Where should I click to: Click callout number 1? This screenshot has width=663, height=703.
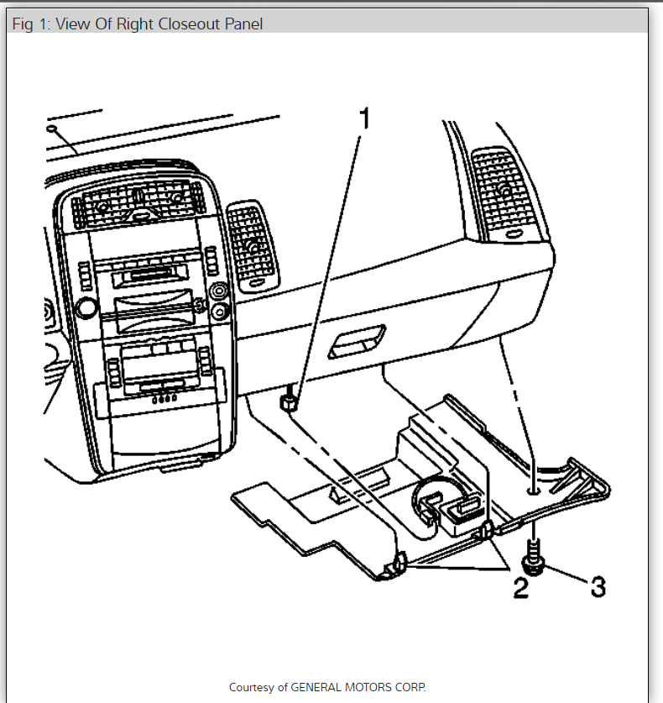pyautogui.click(x=363, y=120)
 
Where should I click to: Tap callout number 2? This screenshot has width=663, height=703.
pyautogui.click(x=520, y=587)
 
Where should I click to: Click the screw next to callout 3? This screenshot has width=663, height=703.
pyautogui.click(x=533, y=559)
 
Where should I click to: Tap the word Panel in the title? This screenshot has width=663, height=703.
pyautogui.click(x=243, y=24)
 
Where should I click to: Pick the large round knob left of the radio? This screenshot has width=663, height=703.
pyautogui.click(x=85, y=307)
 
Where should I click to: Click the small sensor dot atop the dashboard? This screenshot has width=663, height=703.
pyautogui.click(x=53, y=129)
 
